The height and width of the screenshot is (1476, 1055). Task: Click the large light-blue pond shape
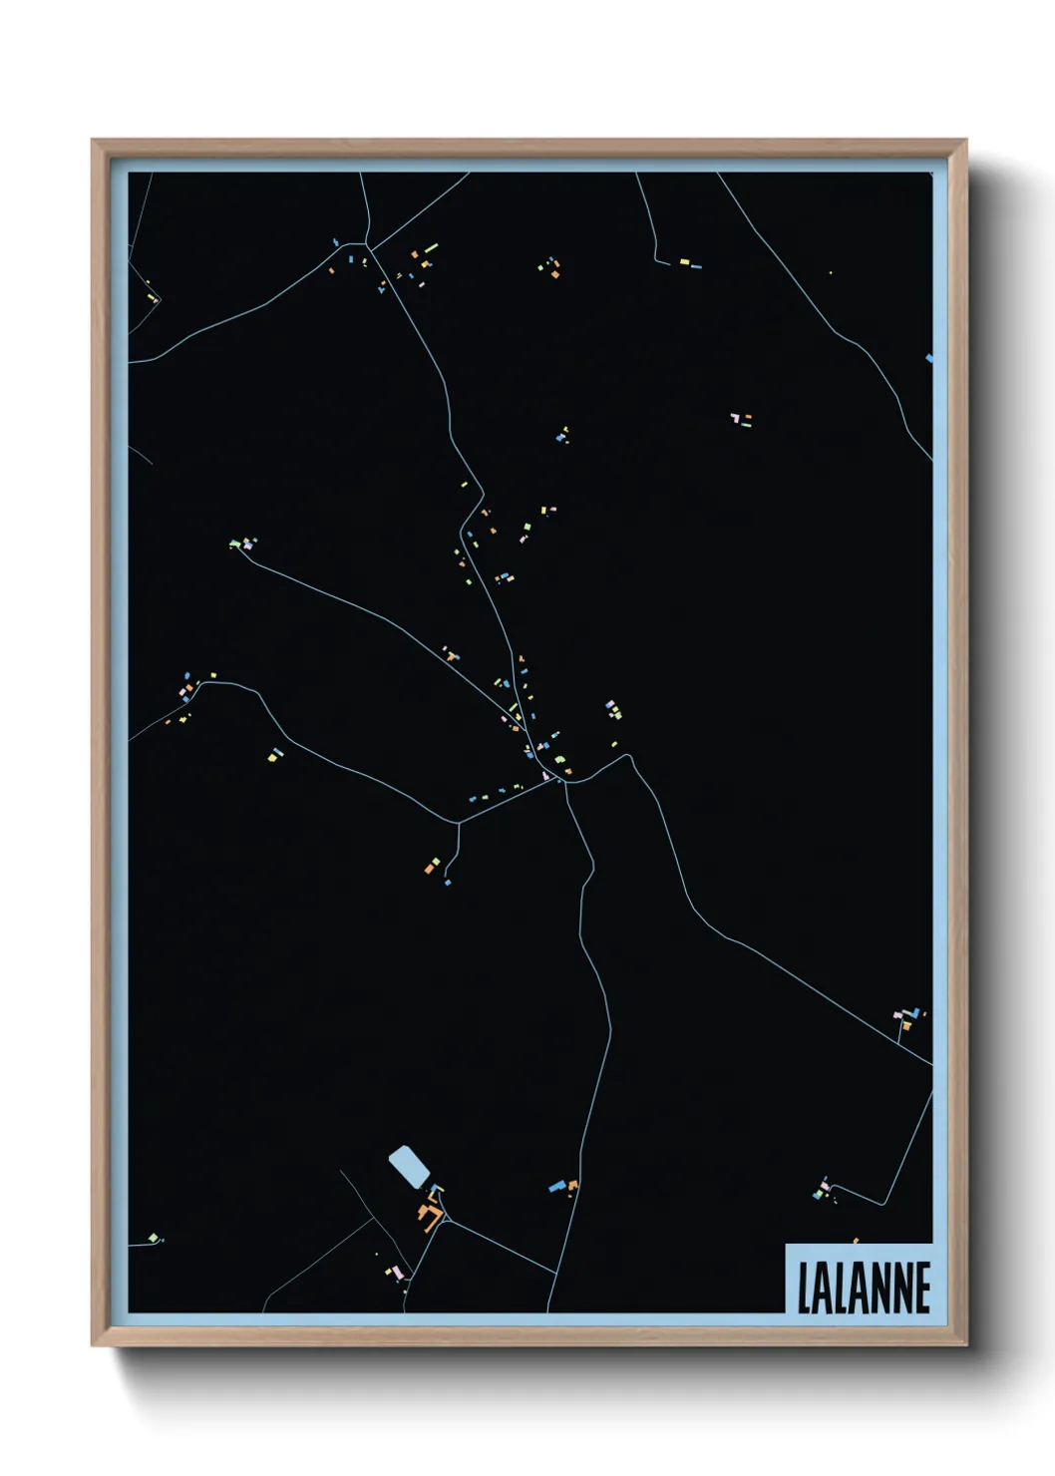pos(407,1166)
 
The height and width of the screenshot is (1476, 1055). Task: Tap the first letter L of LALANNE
pos(804,1288)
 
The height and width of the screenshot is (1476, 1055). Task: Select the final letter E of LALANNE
pos(922,1288)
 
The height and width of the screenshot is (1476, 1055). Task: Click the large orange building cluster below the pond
pos(431,1216)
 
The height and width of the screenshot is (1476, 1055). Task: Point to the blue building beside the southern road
pos(557,1187)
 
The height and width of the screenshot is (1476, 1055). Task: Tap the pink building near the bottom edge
pos(397,1274)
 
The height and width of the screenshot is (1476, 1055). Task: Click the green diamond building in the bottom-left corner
pos(153,1238)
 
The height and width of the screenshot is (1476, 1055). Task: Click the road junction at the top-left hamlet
pos(368,245)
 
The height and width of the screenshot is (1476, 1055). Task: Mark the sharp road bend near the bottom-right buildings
pos(883,1204)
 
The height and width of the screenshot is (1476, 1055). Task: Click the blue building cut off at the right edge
pos(929,357)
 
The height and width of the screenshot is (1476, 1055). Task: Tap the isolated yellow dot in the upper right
pos(830,272)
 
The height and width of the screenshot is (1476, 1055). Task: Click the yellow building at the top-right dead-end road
pos(684,262)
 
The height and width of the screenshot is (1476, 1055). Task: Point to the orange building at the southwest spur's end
pos(430,869)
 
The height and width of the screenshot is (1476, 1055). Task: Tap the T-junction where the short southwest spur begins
pos(458,823)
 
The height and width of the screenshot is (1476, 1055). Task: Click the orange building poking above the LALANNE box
pos(856,1241)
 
